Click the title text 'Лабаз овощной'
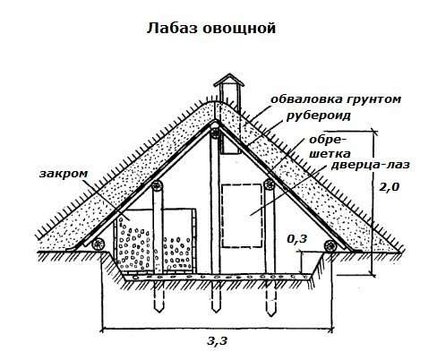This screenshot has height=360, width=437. [211, 29]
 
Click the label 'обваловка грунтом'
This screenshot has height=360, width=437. [336, 99]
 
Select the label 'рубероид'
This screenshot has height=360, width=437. [318, 116]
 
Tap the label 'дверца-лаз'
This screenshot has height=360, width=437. [370, 165]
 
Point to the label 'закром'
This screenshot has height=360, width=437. [64, 174]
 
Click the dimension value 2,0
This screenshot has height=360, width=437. [389, 187]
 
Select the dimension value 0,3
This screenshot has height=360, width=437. [297, 239]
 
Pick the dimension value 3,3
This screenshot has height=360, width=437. [218, 341]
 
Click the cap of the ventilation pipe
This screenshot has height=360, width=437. [229, 80]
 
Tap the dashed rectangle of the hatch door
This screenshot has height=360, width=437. [242, 216]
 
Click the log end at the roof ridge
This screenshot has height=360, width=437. [215, 133]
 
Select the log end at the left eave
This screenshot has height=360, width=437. [98, 244]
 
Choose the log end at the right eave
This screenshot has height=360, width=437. [330, 245]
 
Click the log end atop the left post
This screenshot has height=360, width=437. [157, 186]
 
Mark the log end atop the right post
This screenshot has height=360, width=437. [270, 184]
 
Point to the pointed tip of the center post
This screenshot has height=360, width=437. [216, 311]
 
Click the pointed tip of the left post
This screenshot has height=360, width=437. [159, 311]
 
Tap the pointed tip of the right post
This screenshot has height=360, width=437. [270, 315]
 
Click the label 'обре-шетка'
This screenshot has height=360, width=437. [329, 147]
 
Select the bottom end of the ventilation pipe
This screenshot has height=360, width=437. [230, 153]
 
